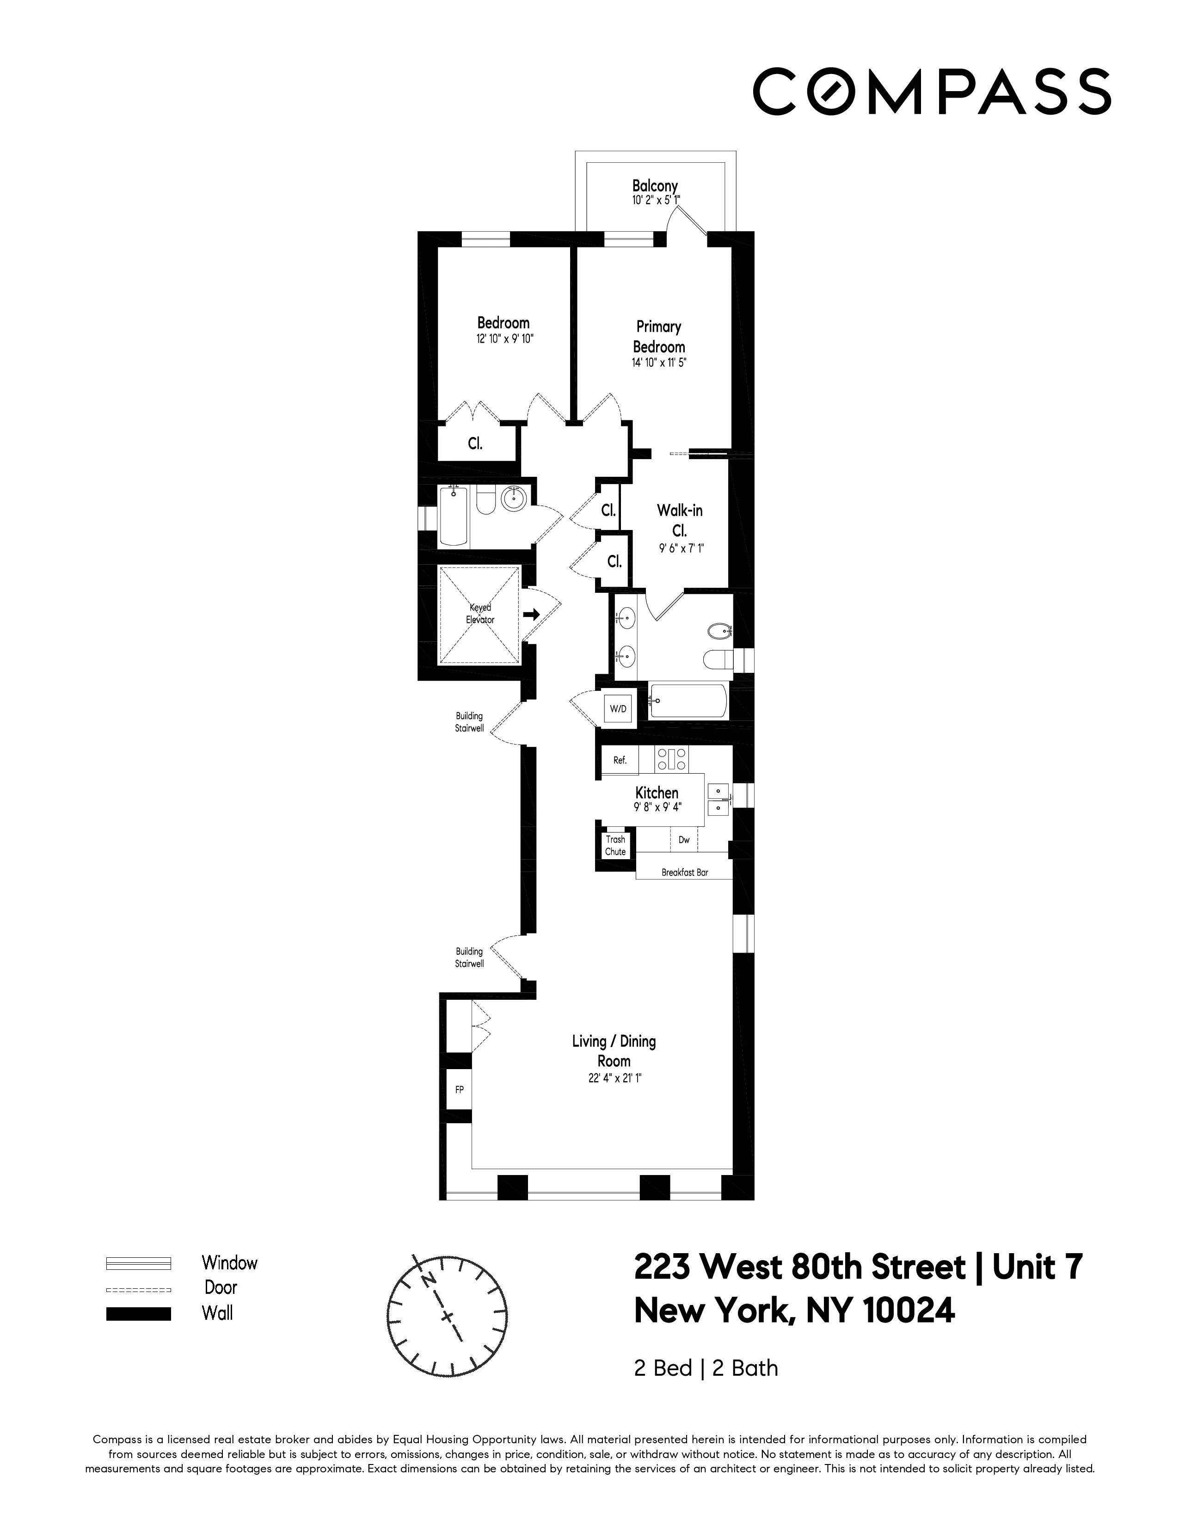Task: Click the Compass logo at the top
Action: (931, 91)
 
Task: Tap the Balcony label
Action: (654, 186)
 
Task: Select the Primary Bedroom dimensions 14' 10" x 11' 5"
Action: (659, 363)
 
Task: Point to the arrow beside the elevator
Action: (532, 614)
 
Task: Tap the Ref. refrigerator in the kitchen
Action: (620, 760)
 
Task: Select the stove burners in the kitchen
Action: (671, 759)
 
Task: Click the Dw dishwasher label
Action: (684, 840)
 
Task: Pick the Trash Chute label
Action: (615, 845)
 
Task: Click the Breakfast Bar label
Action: (684, 873)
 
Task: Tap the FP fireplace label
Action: (459, 1089)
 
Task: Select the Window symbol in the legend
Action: (138, 1263)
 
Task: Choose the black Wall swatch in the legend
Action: (138, 1314)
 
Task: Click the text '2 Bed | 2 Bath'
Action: (706, 1368)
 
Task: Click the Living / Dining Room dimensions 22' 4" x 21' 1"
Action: (614, 1078)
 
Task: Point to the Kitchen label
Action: (657, 792)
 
